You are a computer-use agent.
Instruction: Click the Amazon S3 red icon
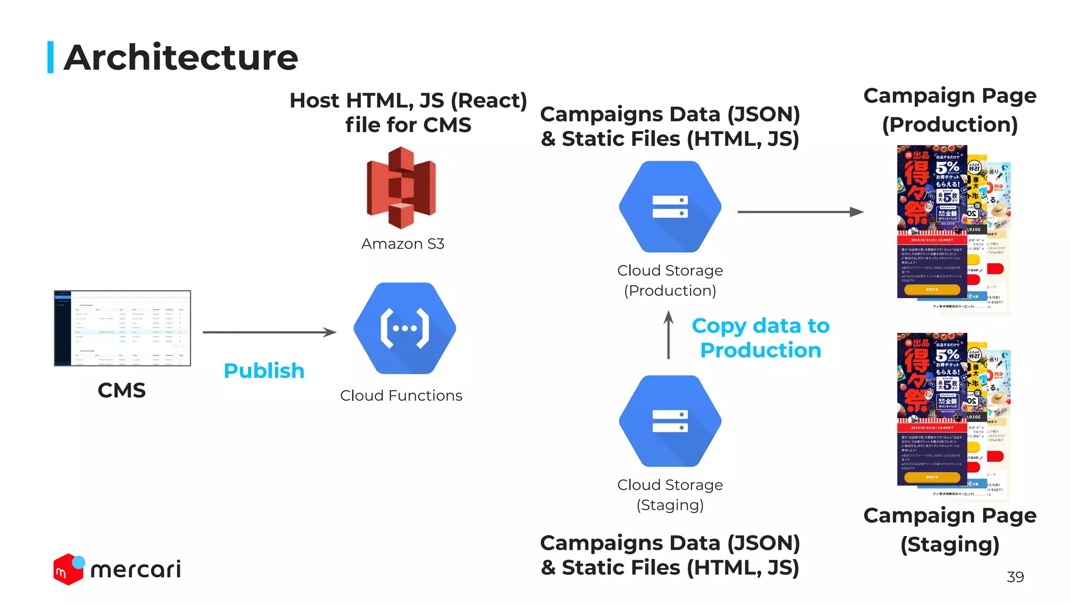click(402, 187)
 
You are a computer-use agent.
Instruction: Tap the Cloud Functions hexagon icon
click(405, 328)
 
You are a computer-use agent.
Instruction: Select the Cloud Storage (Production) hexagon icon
click(670, 207)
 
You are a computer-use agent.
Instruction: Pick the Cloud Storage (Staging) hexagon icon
click(670, 421)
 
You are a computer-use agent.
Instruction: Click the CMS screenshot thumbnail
click(122, 328)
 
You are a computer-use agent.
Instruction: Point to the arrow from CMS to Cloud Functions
click(269, 332)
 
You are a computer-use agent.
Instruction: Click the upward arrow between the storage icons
click(668, 335)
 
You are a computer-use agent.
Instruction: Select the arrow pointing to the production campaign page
click(800, 212)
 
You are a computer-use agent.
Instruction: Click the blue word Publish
click(264, 371)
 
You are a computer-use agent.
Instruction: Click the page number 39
click(1015, 577)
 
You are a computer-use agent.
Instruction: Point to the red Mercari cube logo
click(69, 569)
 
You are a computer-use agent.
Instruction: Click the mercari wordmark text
click(136, 569)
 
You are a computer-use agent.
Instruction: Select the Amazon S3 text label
click(403, 244)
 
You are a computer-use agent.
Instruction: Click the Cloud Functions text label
click(401, 396)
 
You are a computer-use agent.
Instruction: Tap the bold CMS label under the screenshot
click(122, 390)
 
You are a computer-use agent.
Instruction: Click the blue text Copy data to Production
click(761, 338)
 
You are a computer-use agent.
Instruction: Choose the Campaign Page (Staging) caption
click(950, 530)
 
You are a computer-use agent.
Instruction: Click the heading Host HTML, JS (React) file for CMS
click(408, 113)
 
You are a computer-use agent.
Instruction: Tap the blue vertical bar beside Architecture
click(51, 57)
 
